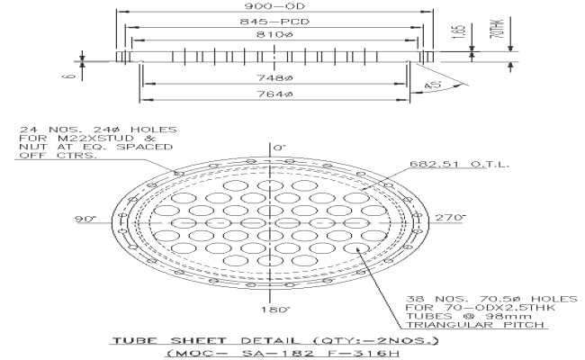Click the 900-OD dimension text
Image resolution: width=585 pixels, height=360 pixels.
coord(275,4)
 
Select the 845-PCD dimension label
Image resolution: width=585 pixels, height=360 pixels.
coord(275,21)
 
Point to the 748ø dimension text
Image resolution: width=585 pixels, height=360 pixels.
coord(275,78)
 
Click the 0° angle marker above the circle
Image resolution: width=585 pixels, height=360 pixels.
coord(279,146)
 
